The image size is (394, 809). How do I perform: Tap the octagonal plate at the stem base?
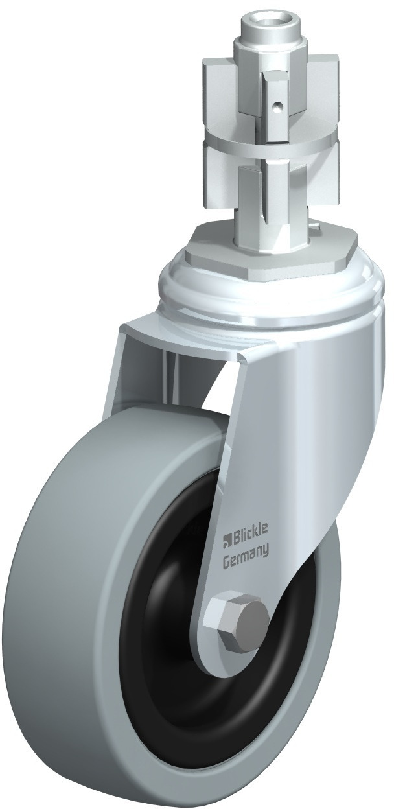tap(271, 249)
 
